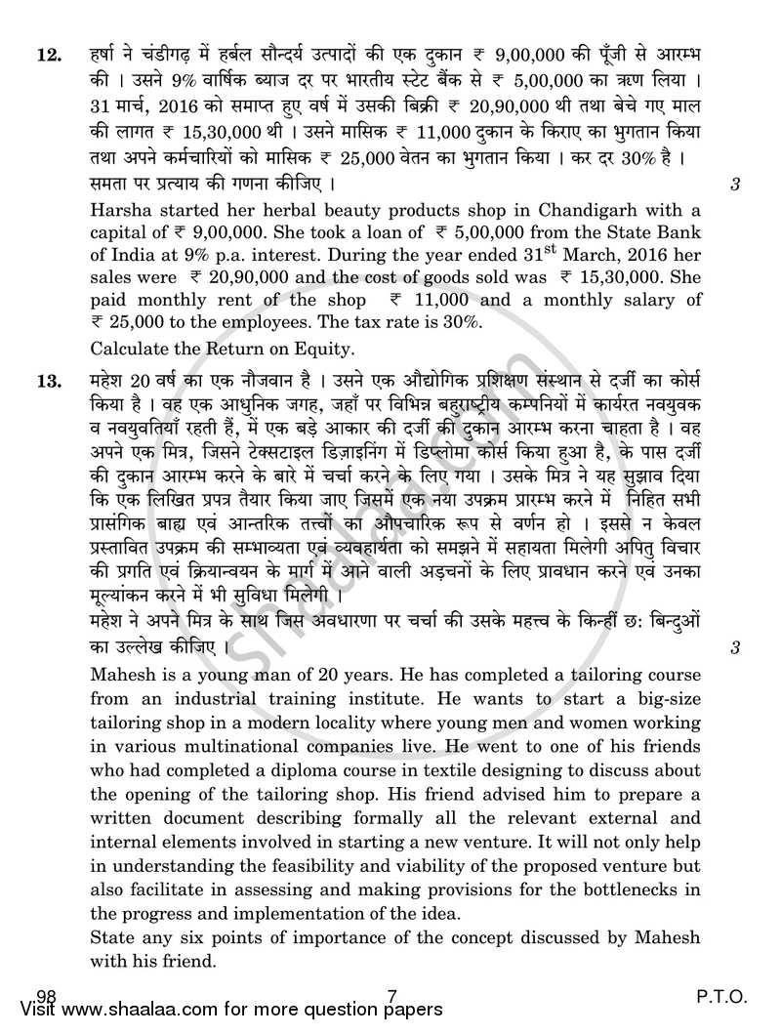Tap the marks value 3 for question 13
[x=734, y=645]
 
